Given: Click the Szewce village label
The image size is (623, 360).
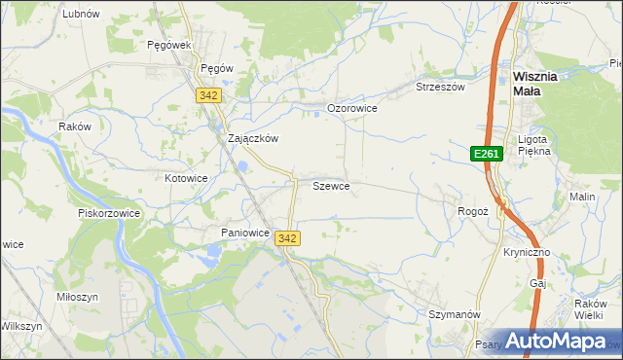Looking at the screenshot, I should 331,185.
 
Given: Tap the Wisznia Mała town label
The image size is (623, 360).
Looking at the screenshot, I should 534,84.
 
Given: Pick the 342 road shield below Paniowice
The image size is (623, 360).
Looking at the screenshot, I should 287,238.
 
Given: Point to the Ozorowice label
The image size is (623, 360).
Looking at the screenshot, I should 351,108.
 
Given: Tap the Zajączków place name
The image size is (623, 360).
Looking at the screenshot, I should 253,138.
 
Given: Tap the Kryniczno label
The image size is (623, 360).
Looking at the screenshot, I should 527,252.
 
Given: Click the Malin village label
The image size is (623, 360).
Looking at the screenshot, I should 582,197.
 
